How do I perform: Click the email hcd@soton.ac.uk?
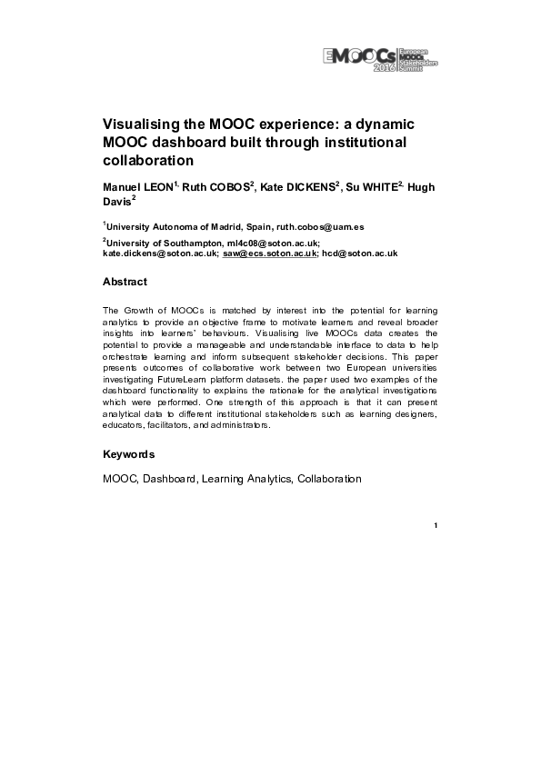(360, 254)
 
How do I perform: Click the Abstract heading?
(125, 283)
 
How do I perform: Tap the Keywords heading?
(128, 454)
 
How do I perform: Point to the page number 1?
(436, 526)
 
